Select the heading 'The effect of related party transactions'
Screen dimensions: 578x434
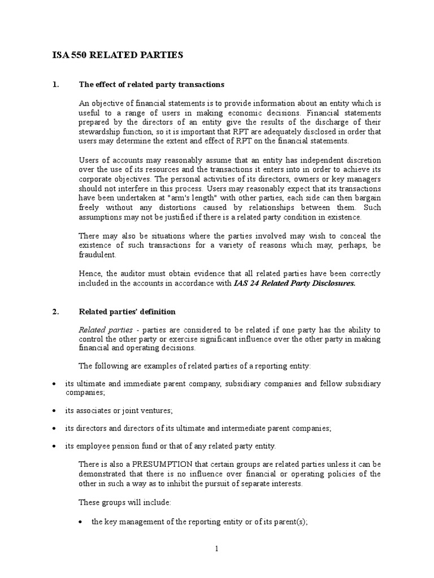(151, 85)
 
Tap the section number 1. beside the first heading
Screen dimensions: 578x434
(55, 85)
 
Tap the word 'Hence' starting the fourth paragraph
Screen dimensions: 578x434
(89, 274)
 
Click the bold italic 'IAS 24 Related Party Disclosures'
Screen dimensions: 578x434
(294, 283)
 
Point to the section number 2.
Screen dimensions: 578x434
(55, 312)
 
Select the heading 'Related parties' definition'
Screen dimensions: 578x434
(127, 312)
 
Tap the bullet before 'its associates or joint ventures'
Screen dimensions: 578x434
(54, 410)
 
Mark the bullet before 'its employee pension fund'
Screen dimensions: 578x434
(54, 446)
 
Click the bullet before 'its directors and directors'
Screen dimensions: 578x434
(54, 428)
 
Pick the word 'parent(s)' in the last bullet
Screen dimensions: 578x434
(289, 522)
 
